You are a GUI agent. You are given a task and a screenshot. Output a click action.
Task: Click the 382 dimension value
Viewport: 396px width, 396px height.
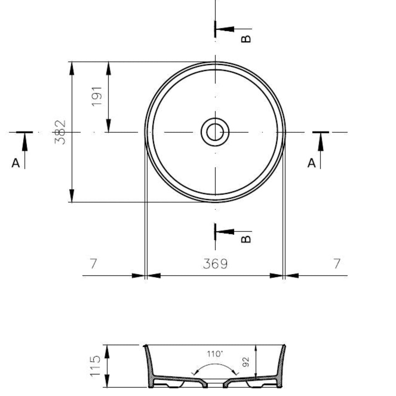click(60, 132)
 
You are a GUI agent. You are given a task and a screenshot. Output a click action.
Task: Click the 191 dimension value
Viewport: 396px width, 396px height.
click(97, 96)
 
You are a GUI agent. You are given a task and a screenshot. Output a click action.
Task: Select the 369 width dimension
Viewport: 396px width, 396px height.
click(215, 264)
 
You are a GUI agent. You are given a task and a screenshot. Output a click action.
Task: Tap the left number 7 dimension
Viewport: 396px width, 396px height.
click(94, 263)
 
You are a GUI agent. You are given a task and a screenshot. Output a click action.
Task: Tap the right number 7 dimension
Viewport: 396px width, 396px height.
click(337, 263)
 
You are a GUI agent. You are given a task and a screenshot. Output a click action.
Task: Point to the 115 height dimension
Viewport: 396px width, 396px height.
click(95, 366)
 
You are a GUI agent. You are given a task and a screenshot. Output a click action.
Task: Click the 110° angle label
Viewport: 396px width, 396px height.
click(215, 354)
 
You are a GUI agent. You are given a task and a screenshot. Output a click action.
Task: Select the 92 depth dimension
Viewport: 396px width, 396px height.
click(246, 362)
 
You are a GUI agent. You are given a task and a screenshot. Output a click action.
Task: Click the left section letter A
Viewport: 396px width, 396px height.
click(15, 163)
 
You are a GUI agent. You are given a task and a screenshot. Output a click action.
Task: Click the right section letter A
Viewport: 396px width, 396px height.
click(312, 163)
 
